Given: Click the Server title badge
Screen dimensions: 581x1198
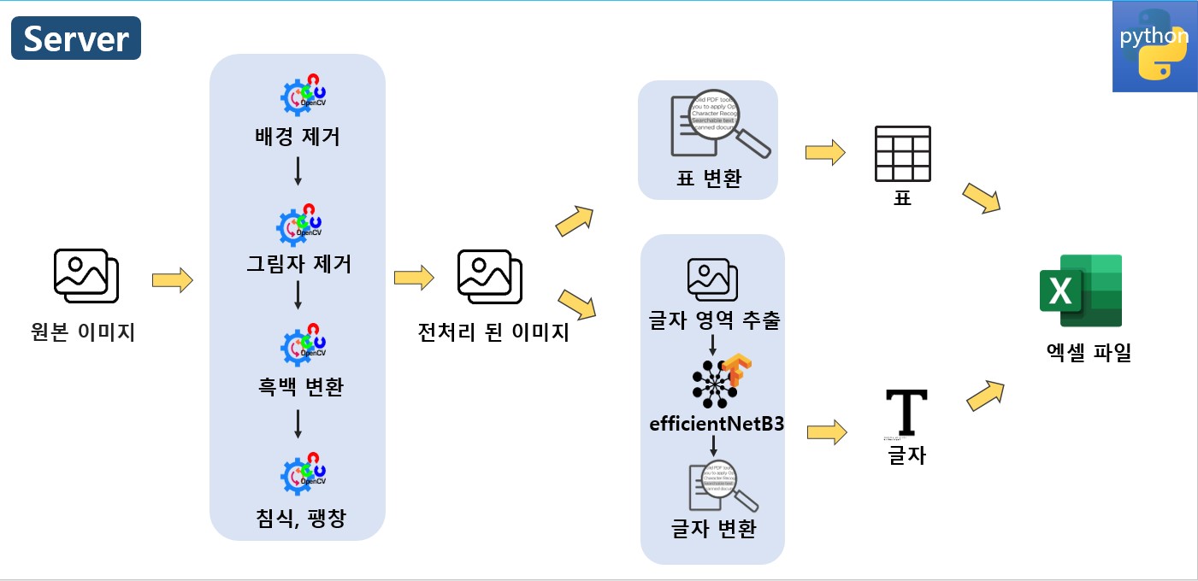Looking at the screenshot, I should (x=75, y=39).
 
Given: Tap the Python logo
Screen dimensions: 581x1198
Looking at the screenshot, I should (x=1154, y=46).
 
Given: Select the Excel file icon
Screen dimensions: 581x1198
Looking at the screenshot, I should (x=1080, y=291).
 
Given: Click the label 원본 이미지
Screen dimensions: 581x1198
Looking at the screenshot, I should (x=83, y=332).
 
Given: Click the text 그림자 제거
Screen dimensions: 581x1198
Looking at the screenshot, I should (x=298, y=263).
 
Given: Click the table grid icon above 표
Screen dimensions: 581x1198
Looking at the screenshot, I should (x=902, y=155).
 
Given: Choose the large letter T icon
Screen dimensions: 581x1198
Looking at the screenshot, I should (x=906, y=411).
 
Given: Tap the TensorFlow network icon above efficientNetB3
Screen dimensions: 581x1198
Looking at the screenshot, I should (x=720, y=379).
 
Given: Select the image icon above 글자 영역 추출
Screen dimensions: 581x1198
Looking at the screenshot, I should (x=712, y=279).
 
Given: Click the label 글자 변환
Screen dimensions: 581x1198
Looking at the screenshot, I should (x=713, y=529).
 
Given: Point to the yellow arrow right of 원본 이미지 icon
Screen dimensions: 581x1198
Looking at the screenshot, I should (x=172, y=280).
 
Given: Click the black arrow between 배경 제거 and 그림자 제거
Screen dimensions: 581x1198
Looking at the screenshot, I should (x=298, y=172).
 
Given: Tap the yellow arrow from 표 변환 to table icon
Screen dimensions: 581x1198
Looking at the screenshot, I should (x=824, y=153).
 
